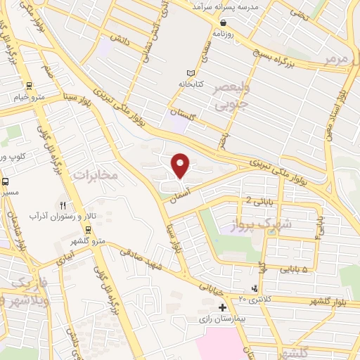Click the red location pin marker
pos(181,165)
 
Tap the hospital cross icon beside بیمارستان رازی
pos(223,307)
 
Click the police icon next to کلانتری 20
pos(255,289)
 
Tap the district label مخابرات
pos(96,174)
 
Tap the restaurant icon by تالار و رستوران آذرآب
pos(62,205)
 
